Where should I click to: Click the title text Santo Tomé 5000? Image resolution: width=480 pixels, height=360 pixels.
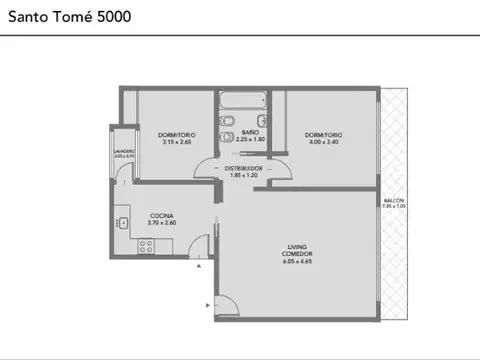[64, 18]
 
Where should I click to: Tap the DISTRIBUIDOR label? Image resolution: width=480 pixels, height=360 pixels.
[243, 168]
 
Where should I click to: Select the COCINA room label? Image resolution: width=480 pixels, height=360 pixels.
[162, 216]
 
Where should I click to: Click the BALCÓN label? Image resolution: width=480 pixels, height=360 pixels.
[394, 200]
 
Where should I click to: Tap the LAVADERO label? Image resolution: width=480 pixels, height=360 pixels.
[124, 152]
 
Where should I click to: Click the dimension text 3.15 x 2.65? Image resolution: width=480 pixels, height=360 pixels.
[176, 141]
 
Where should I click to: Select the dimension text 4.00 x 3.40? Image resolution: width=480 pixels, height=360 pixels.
[324, 141]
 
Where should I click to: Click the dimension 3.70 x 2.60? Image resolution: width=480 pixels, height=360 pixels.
[162, 223]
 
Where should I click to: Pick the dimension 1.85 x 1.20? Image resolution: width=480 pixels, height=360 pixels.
[243, 175]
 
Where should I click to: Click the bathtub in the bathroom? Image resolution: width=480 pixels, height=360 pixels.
[243, 102]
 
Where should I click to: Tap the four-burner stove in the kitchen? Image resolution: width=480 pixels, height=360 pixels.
[144, 247]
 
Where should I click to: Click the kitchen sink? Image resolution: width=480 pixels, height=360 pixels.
[122, 222]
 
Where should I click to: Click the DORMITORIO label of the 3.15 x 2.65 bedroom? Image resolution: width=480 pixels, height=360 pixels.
[177, 134]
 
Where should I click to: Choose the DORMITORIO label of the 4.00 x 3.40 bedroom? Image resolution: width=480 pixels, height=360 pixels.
[324, 134]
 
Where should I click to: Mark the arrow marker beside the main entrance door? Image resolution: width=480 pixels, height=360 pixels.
[207, 303]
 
